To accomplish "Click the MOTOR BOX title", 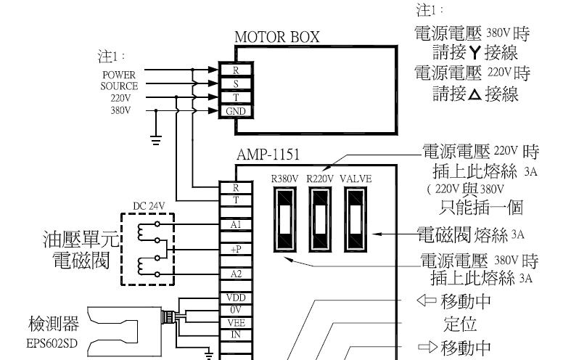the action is (x=276, y=37).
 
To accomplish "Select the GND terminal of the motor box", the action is (x=236, y=111).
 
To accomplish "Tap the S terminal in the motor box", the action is (x=236, y=83).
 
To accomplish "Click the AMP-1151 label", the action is (x=268, y=155).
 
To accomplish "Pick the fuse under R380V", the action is (x=284, y=219).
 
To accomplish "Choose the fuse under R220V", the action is (x=320, y=219).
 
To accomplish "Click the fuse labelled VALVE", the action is (x=356, y=219).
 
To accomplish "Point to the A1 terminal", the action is (x=236, y=224).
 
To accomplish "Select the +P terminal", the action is (x=236, y=249).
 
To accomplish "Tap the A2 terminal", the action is (x=236, y=274).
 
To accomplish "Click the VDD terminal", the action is (x=236, y=298).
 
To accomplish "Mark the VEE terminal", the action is (x=236, y=322).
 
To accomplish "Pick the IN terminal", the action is (x=236, y=335).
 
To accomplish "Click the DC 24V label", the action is (x=149, y=206).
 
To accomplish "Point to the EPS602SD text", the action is (x=52, y=343).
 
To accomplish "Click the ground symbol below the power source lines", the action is (x=156, y=140).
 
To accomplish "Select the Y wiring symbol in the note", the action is (x=475, y=53).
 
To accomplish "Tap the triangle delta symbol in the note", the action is (x=475, y=95).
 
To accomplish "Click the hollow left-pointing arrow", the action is (x=427, y=300).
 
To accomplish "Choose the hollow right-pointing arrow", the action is (x=428, y=347).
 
